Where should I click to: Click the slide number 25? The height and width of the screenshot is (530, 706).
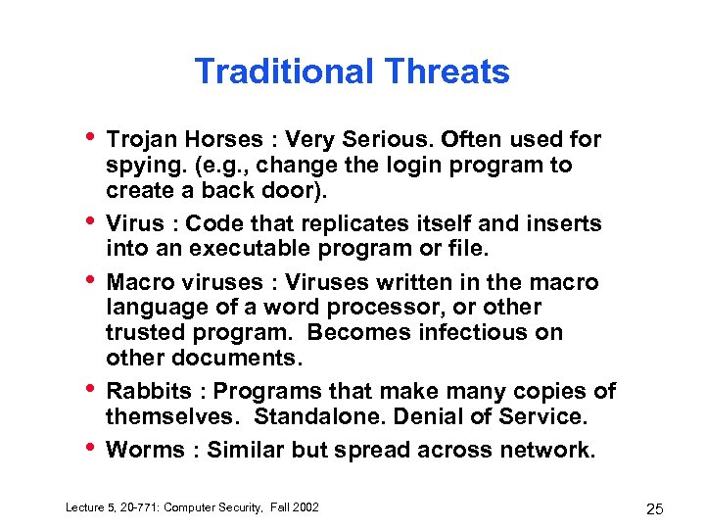coord(654,508)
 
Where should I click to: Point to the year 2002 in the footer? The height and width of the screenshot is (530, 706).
coord(303,506)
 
